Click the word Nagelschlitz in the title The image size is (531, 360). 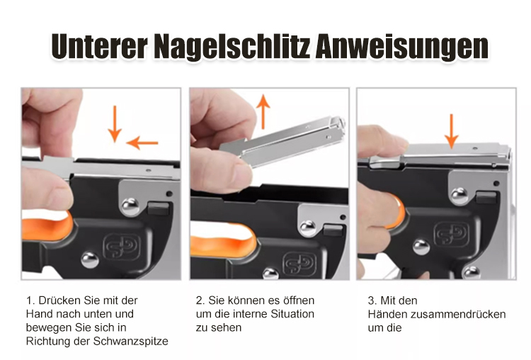pos(232,47)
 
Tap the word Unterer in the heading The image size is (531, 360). pos(100,46)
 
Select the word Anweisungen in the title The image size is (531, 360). pos(402,47)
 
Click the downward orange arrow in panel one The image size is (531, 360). pos(115,124)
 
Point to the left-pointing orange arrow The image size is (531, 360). pos(142,142)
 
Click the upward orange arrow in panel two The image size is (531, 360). pos(263,112)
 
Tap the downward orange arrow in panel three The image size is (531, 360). pos(451,132)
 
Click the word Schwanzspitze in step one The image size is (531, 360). pos(131,341)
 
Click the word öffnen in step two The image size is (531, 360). pos(298,300)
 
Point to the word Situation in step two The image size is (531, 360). pos(292,314)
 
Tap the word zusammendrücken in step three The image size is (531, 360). pos(458,314)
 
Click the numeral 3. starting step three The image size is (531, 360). pos(372,300)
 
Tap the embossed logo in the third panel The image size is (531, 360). pos(452,233)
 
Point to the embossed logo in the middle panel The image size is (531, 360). pos(299,265)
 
